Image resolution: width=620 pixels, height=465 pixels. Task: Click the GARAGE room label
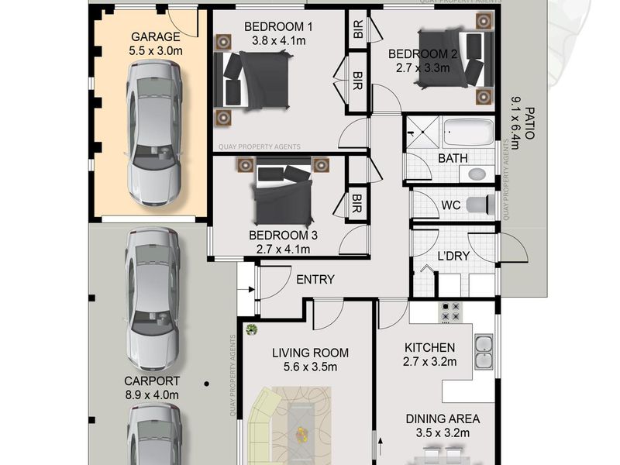click(x=156, y=36)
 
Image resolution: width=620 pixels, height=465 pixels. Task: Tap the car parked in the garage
click(x=154, y=133)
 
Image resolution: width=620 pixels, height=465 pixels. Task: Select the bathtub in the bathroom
click(x=469, y=132)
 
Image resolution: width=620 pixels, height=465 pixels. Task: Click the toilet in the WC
click(x=480, y=205)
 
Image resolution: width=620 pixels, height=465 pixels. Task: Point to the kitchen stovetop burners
click(x=451, y=312)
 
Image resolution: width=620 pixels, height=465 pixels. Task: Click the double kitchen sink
click(x=484, y=352)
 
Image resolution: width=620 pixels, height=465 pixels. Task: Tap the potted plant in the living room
click(x=251, y=329)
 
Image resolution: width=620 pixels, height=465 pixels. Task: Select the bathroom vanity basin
click(x=477, y=174)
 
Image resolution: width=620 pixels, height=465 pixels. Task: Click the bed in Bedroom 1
click(x=253, y=80)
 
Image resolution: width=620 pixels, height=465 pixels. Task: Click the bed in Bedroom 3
click(x=283, y=191)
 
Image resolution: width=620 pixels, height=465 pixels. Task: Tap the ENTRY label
click(x=315, y=280)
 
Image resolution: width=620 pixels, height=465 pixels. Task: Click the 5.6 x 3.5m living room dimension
click(x=311, y=367)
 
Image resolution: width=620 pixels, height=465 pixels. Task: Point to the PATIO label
click(x=530, y=123)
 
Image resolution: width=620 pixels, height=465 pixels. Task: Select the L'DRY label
click(x=453, y=257)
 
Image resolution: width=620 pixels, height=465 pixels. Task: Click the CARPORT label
click(x=152, y=381)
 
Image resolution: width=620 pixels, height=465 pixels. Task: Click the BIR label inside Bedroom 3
click(x=356, y=203)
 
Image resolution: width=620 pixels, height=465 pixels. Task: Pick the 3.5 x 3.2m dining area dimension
click(x=443, y=433)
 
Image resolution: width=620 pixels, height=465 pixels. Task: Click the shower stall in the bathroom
click(x=422, y=132)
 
